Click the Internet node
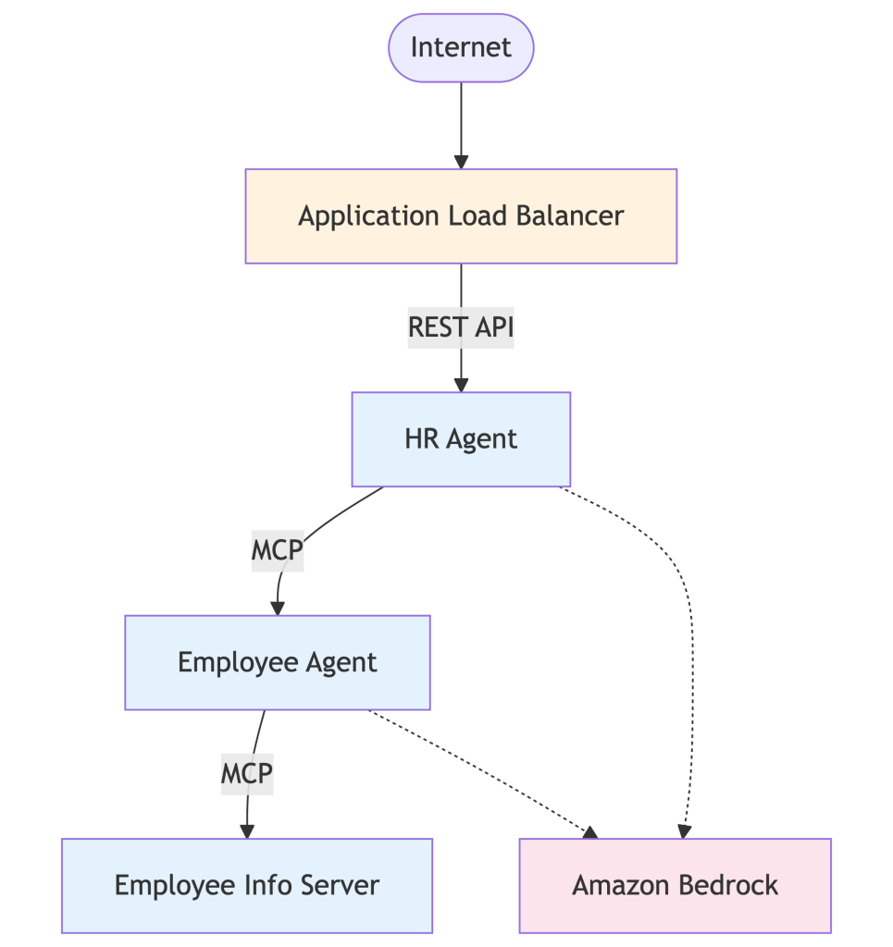(x=461, y=48)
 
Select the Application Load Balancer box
(x=461, y=216)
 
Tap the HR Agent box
(x=461, y=438)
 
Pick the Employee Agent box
(x=277, y=662)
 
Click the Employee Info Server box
(x=246, y=885)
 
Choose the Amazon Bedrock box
(x=675, y=885)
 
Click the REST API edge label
(x=461, y=327)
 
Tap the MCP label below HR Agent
(x=277, y=550)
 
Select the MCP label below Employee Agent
(x=246, y=772)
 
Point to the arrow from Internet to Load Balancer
(x=461, y=120)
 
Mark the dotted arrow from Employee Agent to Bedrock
(x=481, y=772)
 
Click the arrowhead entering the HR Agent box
(x=461, y=384)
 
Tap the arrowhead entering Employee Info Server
(x=246, y=830)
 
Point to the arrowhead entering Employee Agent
(x=277, y=607)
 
